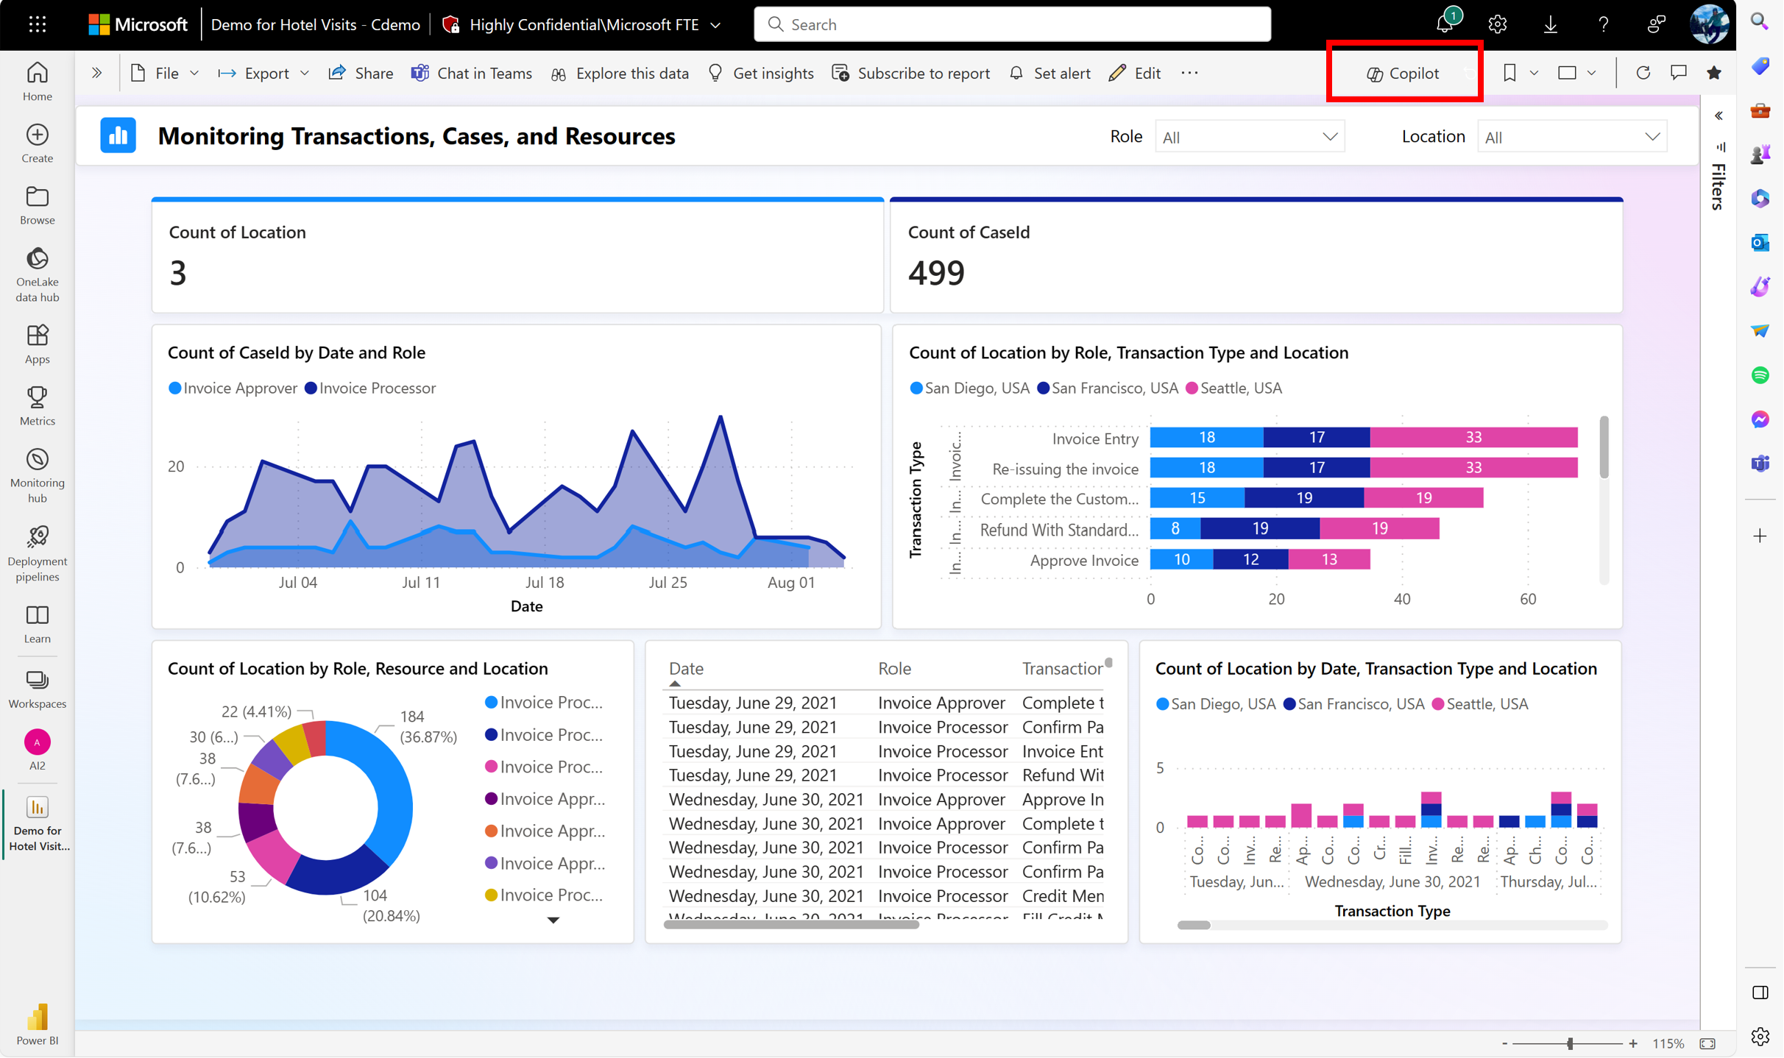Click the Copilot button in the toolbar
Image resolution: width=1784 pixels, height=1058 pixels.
click(1403, 74)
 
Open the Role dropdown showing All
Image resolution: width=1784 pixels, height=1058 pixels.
click(1250, 137)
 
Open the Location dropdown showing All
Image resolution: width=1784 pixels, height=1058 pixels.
click(1571, 137)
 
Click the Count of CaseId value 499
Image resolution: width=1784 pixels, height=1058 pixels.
click(935, 273)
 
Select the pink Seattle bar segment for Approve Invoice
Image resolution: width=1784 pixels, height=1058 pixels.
click(1328, 560)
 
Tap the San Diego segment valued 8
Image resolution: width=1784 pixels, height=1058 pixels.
click(1175, 528)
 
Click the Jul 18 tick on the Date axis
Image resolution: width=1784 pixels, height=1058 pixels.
click(545, 583)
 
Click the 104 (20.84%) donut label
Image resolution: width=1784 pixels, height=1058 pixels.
click(390, 906)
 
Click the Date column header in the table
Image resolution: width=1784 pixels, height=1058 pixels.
click(686, 669)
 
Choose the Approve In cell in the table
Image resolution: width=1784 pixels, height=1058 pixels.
click(1062, 800)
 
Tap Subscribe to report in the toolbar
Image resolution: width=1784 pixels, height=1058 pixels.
click(911, 74)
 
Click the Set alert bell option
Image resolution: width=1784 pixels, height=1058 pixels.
click(1049, 74)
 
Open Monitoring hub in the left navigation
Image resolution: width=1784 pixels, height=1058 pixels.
click(37, 475)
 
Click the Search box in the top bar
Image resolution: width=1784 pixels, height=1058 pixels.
click(1012, 25)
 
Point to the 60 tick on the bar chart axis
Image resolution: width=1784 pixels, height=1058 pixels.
click(1528, 600)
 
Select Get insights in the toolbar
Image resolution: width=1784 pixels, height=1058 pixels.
click(761, 74)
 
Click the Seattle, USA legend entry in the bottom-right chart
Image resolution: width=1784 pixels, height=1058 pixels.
click(1480, 704)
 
